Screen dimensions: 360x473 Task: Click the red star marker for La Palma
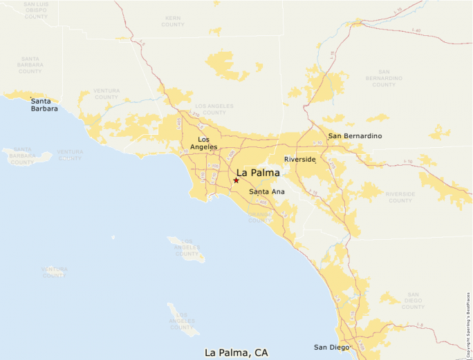pyautogui.click(x=236, y=180)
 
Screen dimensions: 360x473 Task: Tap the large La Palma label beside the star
pyautogui.click(x=258, y=173)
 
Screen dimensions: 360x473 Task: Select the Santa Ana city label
pyautogui.click(x=267, y=191)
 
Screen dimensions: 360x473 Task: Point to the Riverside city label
pyautogui.click(x=300, y=160)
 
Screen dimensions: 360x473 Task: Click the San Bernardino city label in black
pyautogui.click(x=355, y=136)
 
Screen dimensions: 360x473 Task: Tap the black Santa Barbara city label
pyautogui.click(x=44, y=104)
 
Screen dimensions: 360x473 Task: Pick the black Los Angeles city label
pyautogui.click(x=203, y=143)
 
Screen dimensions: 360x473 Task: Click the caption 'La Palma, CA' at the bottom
pyautogui.click(x=236, y=352)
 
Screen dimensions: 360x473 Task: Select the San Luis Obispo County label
pyautogui.click(x=35, y=10)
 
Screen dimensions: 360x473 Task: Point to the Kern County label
pyautogui.click(x=173, y=21)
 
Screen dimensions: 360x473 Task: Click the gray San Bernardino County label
pyautogui.click(x=384, y=77)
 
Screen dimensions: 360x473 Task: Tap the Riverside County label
pyautogui.click(x=400, y=197)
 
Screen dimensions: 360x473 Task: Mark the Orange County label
pyautogui.click(x=260, y=217)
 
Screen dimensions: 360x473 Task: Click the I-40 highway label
pyautogui.click(x=416, y=30)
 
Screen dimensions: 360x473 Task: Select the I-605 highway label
pyautogui.click(x=231, y=154)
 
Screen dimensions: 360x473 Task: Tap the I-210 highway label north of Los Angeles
pyautogui.click(x=196, y=115)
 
